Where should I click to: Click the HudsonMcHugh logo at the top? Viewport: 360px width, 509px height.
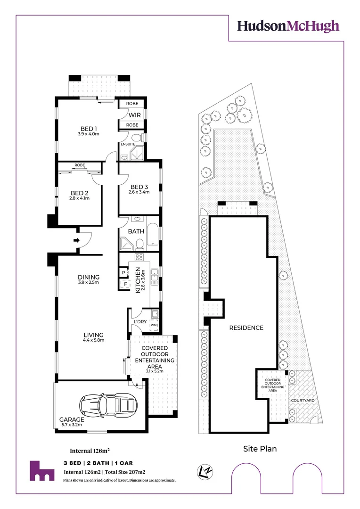click(288, 26)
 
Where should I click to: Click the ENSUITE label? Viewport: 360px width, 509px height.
click(128, 144)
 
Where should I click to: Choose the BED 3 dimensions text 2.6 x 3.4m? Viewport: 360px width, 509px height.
click(139, 192)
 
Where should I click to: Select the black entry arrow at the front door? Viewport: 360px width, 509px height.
click(76, 240)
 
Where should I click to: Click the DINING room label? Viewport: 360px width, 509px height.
click(85, 277)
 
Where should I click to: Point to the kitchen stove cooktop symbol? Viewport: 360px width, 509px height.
click(139, 257)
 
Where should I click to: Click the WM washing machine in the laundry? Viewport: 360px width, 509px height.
click(154, 325)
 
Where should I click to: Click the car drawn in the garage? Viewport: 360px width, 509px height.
click(109, 403)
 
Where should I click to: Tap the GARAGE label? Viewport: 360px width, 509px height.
click(72, 419)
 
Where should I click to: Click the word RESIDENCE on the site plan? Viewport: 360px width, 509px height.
click(246, 328)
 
